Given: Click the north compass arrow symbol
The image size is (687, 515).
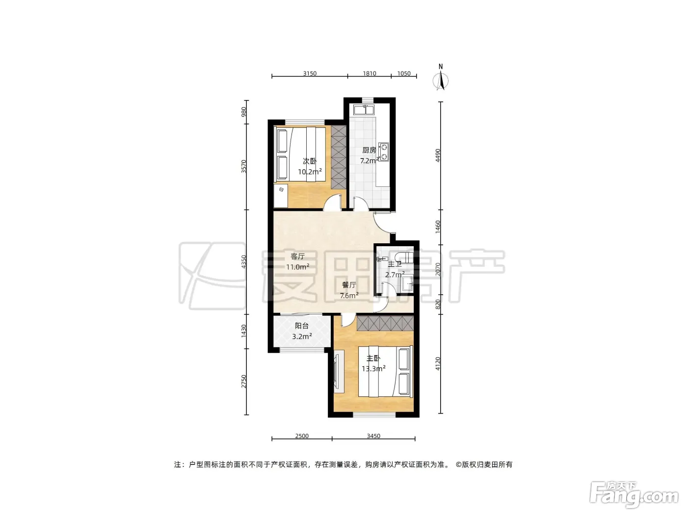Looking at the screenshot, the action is [440, 80].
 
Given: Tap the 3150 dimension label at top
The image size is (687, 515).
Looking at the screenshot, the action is [310, 74].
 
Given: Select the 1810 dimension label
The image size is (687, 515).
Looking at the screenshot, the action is [370, 74].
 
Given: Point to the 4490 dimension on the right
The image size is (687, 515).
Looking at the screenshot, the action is [438, 155].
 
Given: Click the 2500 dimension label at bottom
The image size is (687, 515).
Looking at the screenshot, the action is [302, 436].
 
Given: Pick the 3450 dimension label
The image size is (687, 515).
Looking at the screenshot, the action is [373, 436].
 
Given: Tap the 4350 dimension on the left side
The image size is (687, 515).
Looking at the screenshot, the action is [244, 261].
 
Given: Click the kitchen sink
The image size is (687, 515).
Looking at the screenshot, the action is [364, 110].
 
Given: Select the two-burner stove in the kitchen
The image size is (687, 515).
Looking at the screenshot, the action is [383, 152].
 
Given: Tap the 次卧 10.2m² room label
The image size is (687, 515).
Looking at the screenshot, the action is [310, 166].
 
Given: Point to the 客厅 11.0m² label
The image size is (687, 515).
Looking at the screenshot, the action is [298, 262].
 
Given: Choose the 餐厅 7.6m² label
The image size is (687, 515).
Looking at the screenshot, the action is [349, 290].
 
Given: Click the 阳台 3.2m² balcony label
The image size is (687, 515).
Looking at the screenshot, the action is [302, 331].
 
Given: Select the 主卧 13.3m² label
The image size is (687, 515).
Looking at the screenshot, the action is [373, 363].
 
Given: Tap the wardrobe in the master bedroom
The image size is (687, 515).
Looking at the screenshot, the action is [385, 323].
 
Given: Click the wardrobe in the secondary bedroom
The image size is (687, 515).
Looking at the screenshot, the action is [339, 157].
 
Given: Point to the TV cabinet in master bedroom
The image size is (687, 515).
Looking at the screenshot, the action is [339, 371].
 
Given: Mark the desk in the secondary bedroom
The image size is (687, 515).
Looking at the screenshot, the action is [281, 195].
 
